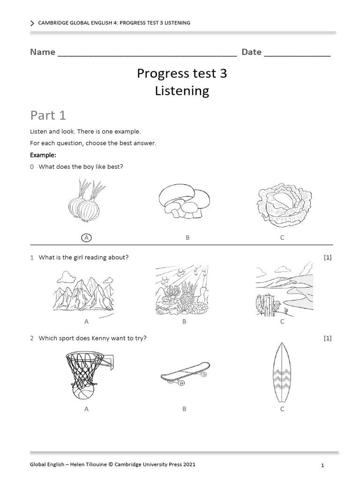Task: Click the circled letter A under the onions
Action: click(x=86, y=238)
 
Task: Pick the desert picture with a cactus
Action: click(x=283, y=290)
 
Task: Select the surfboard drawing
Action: click(x=282, y=373)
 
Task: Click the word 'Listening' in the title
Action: click(x=182, y=91)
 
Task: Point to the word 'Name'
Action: click(x=43, y=52)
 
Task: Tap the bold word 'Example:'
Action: click(x=43, y=155)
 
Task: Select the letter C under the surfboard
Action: click(x=282, y=409)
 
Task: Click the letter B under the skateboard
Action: click(x=184, y=409)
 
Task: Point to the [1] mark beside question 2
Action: click(x=328, y=338)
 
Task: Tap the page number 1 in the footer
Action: click(x=323, y=465)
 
